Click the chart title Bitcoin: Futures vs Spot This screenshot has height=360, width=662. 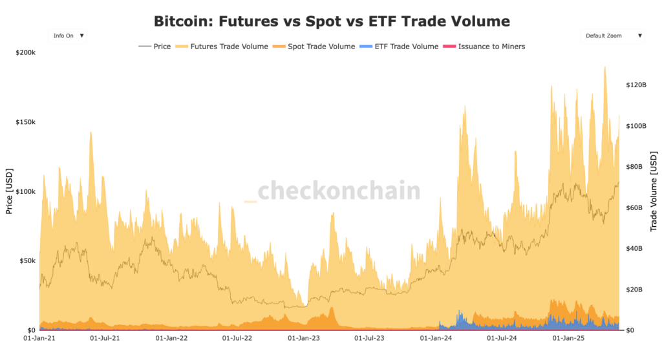click(x=332, y=21)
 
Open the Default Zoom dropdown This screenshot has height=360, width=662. click(x=612, y=36)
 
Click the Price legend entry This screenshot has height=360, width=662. click(x=155, y=47)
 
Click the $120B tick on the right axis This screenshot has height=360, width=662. click(x=635, y=85)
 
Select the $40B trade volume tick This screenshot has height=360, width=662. click(x=634, y=248)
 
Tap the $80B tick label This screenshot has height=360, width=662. click(x=634, y=167)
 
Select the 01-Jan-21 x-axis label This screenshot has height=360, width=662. click(x=38, y=337)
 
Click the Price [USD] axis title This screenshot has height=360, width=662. click(x=9, y=191)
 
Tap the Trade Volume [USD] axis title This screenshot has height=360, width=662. click(x=653, y=192)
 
